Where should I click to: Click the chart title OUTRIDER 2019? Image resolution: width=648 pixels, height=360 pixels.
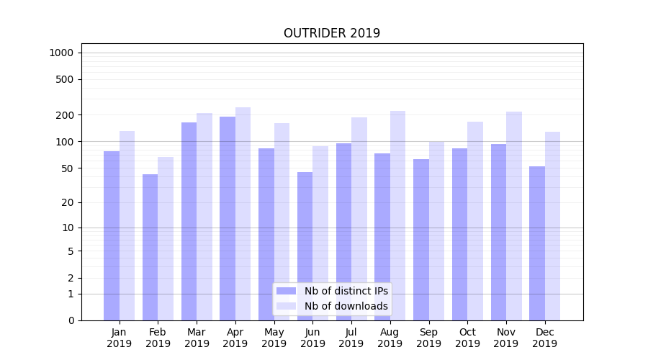tap(331, 33)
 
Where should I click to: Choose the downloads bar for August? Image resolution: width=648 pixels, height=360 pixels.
tap(397, 215)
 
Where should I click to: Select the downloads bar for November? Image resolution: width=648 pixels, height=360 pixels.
tap(514, 216)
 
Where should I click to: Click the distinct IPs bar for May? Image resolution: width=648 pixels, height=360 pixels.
tap(266, 234)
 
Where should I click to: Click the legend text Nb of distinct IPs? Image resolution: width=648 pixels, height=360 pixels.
tap(346, 291)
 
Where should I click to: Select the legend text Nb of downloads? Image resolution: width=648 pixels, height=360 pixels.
tap(346, 306)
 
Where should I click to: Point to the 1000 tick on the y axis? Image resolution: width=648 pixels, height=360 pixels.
tap(61, 53)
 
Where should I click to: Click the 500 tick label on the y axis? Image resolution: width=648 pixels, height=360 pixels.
tap(65, 79)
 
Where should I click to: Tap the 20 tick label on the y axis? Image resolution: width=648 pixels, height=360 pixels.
tap(68, 202)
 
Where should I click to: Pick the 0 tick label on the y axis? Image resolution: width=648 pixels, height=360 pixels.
tap(71, 320)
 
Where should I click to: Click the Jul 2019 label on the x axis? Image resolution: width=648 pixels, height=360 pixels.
tap(351, 338)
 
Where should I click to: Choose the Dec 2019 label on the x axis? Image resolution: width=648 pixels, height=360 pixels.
tap(544, 338)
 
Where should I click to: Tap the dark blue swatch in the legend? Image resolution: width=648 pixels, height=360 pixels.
tap(286, 291)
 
